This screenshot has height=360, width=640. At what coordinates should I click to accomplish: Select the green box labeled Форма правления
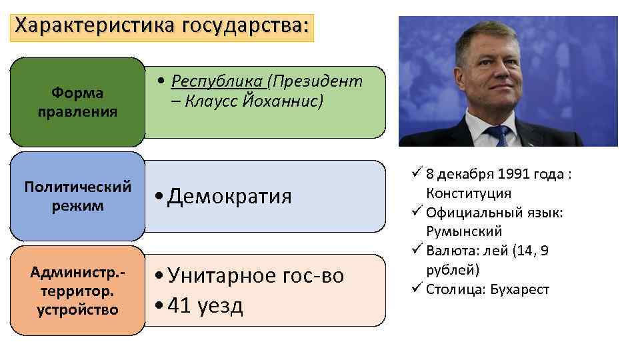point(77,102)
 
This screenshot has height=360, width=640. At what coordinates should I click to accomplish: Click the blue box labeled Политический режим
point(77,196)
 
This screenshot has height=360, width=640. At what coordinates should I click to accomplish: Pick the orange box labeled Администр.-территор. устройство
point(77,291)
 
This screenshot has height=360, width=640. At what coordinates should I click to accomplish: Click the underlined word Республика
point(217,82)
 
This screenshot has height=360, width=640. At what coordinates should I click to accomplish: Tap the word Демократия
point(229,197)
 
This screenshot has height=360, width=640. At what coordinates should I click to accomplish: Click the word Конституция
point(469,194)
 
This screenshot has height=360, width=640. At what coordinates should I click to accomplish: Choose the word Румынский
point(464,232)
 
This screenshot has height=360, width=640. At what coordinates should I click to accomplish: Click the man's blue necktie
point(499,136)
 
